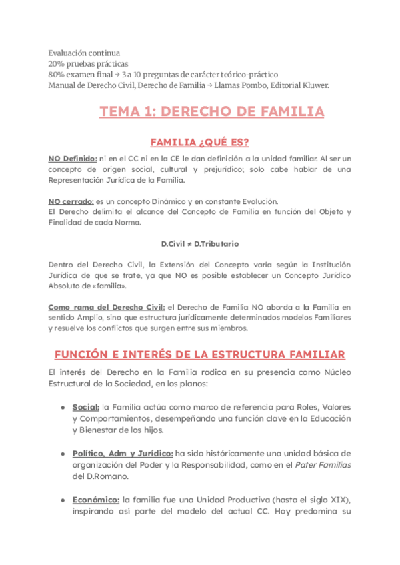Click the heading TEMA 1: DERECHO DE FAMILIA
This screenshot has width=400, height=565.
[211, 111]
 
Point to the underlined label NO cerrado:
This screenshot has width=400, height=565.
[71, 201]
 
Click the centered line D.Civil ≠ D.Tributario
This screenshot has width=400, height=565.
[200, 244]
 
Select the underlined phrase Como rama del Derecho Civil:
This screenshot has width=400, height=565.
[107, 307]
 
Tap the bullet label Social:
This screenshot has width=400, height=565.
[86, 407]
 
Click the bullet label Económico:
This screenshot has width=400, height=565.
[95, 500]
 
